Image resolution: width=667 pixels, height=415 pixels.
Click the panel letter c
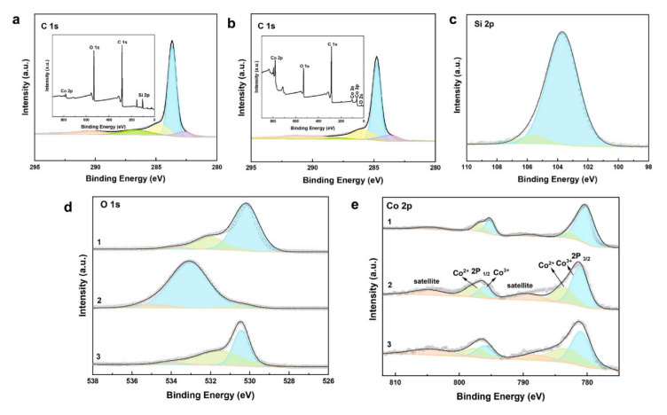tap(452, 11)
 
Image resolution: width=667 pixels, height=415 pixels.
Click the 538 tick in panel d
tap(92, 382)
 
